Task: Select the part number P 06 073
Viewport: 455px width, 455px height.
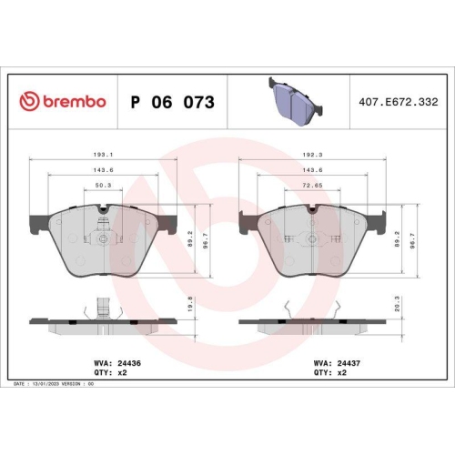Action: coord(173,102)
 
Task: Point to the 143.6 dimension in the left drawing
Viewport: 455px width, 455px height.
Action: coord(102,171)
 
